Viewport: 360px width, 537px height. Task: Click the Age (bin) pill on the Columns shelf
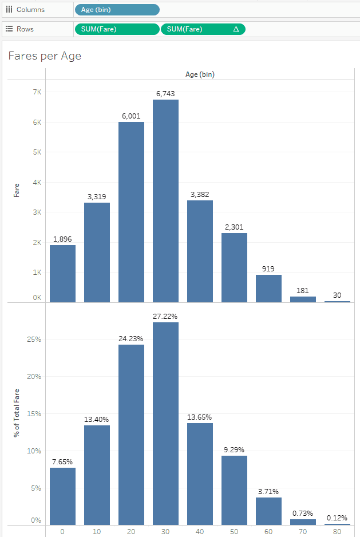117,10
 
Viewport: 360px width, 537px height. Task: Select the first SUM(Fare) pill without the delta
117,29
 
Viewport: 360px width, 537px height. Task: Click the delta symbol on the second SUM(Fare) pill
236,29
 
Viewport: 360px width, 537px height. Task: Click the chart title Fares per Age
45,56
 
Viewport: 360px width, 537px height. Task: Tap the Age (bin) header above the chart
200,74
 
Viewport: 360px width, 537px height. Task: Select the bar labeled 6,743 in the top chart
165,200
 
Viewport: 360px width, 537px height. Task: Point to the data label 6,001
131,116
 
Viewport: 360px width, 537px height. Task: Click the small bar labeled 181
303,299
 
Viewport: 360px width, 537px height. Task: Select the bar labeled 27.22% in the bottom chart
165,424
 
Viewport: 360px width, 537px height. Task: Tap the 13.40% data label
97,419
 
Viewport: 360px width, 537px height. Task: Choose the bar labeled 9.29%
234,490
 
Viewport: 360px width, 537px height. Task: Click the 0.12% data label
337,518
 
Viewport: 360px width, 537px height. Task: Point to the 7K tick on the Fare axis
35,92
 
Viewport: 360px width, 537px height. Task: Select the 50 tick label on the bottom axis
234,531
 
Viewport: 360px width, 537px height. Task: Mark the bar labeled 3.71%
268,511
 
